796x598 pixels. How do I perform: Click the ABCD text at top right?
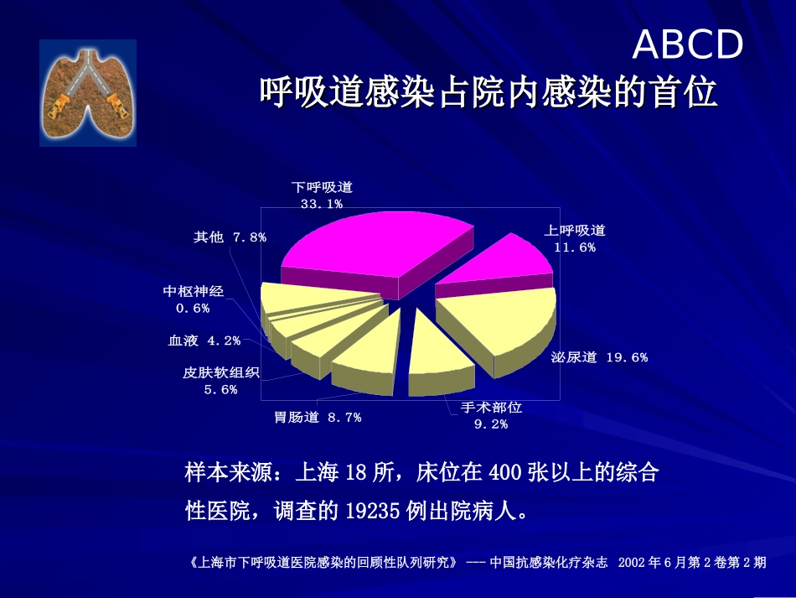(x=687, y=44)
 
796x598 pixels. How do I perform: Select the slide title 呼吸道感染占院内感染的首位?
(x=488, y=92)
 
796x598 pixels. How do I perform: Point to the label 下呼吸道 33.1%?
(x=322, y=195)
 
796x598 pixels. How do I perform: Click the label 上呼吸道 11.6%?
(x=575, y=238)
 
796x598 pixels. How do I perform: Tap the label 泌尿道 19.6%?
(x=599, y=357)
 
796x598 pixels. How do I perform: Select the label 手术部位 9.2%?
(x=491, y=415)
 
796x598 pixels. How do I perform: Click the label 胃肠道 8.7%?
(x=318, y=417)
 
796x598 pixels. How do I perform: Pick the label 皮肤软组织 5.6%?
(x=221, y=381)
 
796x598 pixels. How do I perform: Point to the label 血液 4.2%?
(x=204, y=341)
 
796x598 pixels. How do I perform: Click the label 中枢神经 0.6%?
(x=194, y=299)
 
